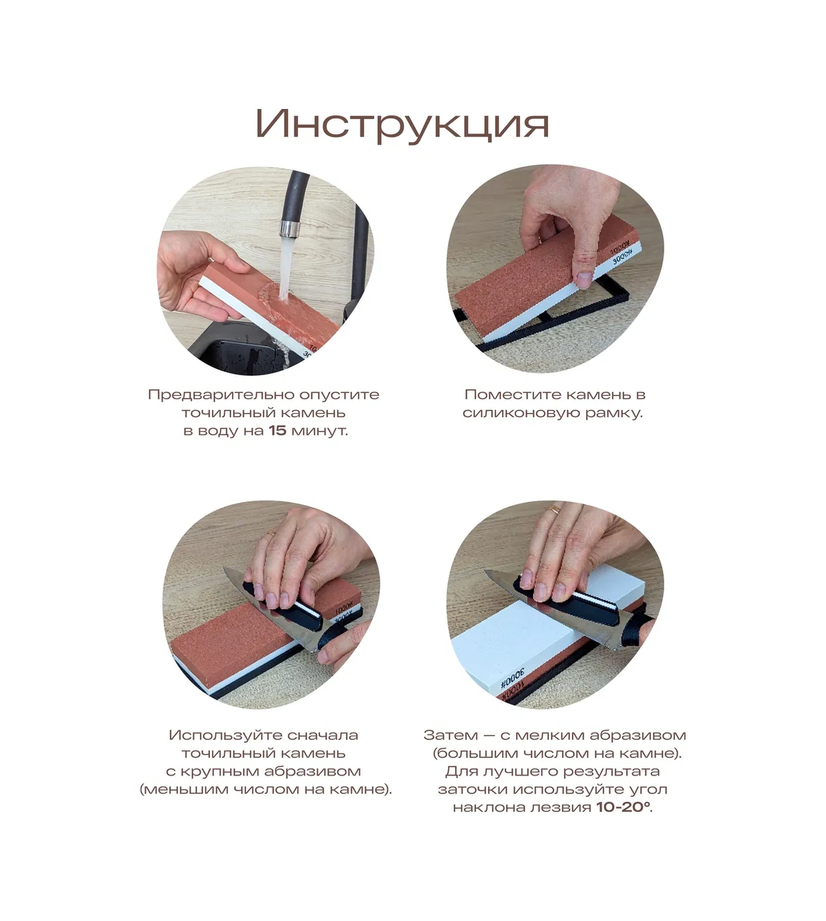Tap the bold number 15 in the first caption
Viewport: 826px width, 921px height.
[x=277, y=431]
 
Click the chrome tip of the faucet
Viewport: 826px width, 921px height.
[x=288, y=229]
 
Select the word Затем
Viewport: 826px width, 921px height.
[x=444, y=735]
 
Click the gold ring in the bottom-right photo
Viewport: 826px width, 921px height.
[x=553, y=510]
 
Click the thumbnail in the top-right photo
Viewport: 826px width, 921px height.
[x=584, y=278]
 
